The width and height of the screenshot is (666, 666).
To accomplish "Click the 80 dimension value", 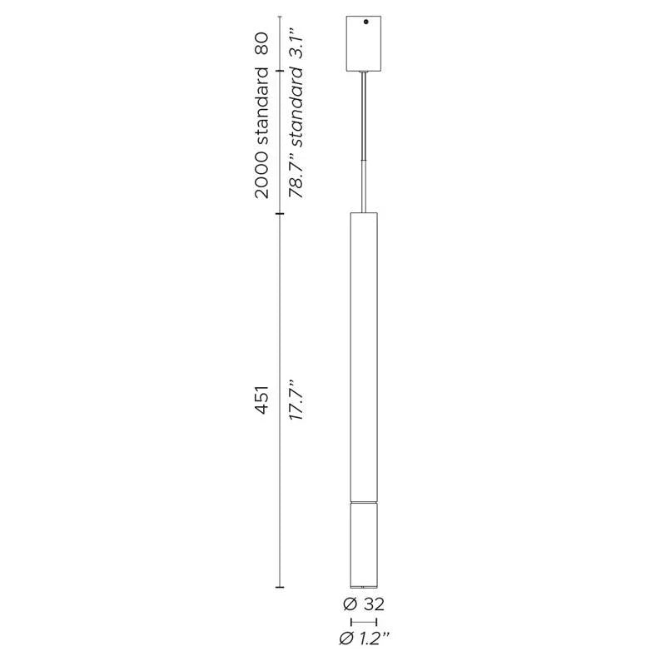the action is (262, 44).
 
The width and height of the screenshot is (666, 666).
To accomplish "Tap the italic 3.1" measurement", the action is (296, 44).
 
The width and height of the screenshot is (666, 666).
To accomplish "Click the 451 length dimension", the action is (262, 400).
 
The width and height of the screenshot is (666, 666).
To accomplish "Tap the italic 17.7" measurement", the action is (296, 400).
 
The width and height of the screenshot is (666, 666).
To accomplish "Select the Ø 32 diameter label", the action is (364, 604).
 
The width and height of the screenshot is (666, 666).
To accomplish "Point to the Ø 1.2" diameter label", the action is (365, 639).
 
